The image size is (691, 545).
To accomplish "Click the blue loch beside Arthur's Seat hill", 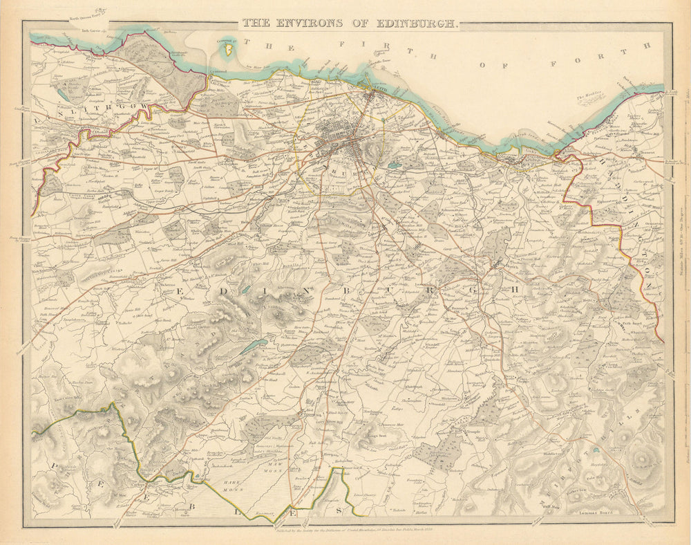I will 394,167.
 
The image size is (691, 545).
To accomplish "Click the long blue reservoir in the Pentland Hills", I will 254,346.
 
